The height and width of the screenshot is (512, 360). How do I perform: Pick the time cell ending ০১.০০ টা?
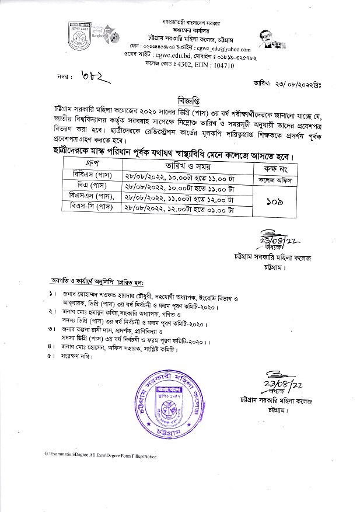[180, 207]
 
